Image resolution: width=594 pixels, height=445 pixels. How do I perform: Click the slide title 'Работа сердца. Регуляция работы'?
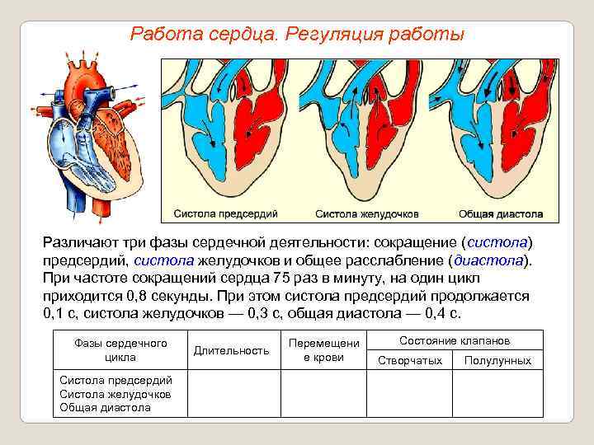(x=298, y=35)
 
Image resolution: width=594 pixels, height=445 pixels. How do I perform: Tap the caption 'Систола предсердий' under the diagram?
(x=225, y=213)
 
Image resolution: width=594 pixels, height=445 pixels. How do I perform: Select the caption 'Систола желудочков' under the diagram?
(x=366, y=213)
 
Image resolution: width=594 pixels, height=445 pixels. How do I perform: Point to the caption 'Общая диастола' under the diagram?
(x=501, y=213)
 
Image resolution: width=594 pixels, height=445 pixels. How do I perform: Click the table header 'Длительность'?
(x=231, y=350)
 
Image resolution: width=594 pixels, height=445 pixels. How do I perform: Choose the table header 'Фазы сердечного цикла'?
(x=120, y=350)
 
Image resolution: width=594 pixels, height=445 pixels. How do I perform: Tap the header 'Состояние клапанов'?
(x=454, y=340)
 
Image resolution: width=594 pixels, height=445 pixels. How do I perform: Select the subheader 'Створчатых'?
(x=409, y=361)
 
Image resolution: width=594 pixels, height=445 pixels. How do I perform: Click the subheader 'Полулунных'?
(x=497, y=361)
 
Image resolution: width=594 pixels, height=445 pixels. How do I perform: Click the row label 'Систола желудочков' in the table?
(x=115, y=394)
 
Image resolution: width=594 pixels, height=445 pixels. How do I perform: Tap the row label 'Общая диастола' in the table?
(x=106, y=407)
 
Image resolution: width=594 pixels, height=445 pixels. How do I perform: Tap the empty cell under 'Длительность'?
(x=231, y=394)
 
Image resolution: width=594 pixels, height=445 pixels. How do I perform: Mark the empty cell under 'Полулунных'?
(x=497, y=394)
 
